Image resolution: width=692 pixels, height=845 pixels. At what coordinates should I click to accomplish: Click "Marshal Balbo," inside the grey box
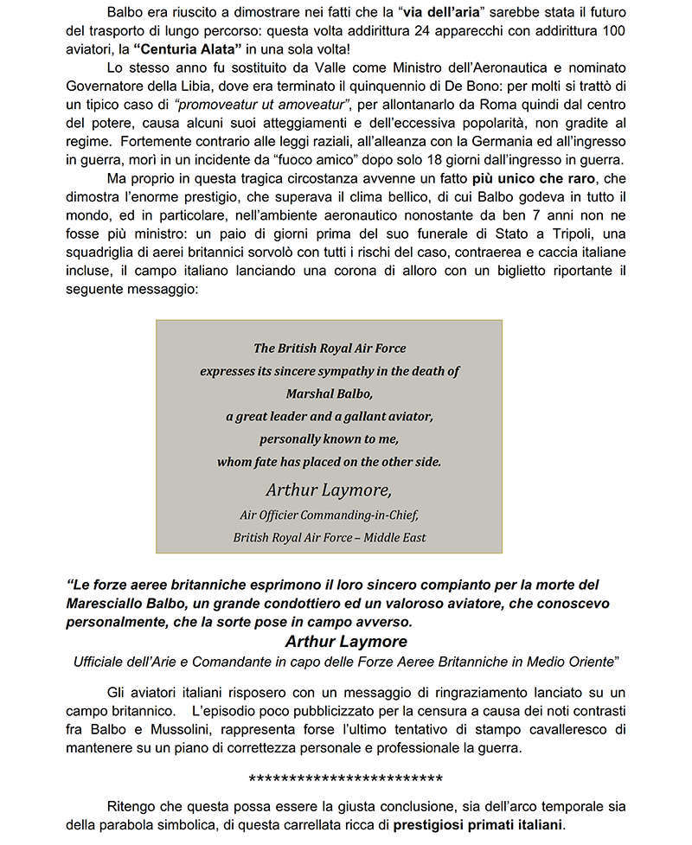[329, 393]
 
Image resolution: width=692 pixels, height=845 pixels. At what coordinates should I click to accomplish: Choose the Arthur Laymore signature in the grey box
[329, 490]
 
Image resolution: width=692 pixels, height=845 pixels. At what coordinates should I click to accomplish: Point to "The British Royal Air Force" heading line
[329, 349]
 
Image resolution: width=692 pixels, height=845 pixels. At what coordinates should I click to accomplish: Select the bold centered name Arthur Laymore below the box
[346, 642]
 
